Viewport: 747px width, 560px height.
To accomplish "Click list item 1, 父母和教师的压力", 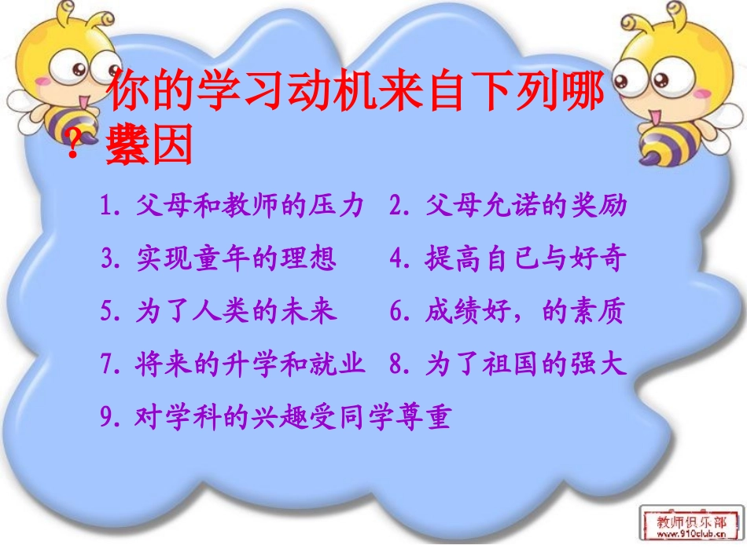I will coord(233,206).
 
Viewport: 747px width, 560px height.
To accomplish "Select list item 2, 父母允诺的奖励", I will coord(508,206).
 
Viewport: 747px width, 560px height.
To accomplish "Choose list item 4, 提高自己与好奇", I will coord(508,258).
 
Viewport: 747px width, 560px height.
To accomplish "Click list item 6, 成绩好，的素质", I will coord(508,312).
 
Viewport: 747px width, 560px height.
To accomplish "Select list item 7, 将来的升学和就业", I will coord(233,364).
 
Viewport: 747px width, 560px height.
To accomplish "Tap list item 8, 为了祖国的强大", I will coord(508,364).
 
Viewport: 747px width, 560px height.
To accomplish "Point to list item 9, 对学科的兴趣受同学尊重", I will coord(276,416).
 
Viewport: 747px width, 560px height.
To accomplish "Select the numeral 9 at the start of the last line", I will coord(107,417).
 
